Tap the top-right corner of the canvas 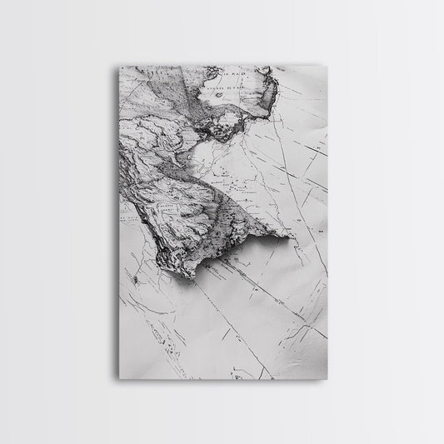327,66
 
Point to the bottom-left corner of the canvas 119,378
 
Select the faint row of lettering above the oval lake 229,82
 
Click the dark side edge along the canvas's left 117,225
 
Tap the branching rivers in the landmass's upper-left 150,133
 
